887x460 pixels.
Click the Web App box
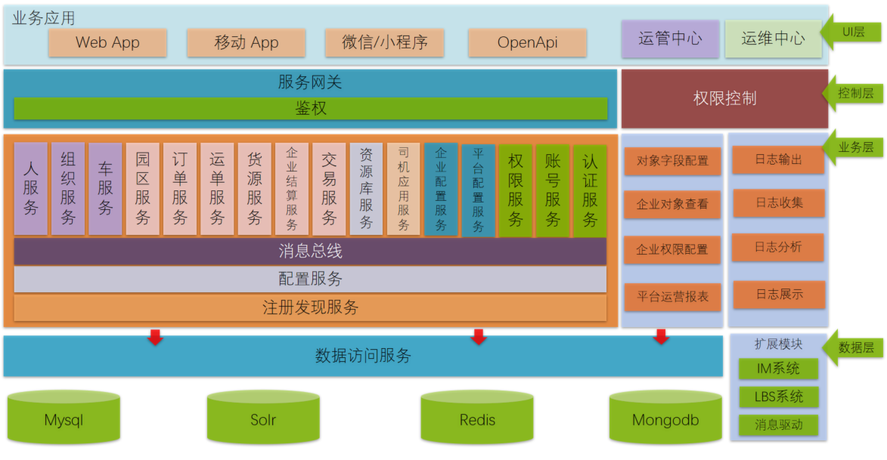click(x=107, y=42)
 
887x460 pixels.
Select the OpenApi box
click(x=527, y=42)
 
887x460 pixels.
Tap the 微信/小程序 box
click(x=385, y=42)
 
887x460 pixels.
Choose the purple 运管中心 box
click(x=670, y=39)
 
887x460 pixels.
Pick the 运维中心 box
click(x=774, y=39)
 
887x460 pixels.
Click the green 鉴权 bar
click(x=311, y=108)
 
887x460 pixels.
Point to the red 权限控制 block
click(x=724, y=98)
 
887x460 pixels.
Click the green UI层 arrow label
click(x=851, y=32)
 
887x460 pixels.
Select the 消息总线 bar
click(x=310, y=252)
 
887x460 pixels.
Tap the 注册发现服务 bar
click(x=310, y=307)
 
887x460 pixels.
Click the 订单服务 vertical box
click(x=180, y=189)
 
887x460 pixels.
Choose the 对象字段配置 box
click(x=672, y=161)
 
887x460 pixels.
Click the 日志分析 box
click(x=778, y=247)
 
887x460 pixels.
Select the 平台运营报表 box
click(x=672, y=297)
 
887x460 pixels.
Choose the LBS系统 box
click(x=778, y=397)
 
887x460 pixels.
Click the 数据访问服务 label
click(x=363, y=356)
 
